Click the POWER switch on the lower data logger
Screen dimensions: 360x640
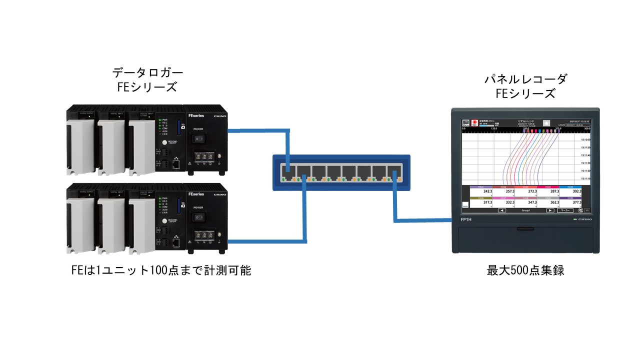tap(199, 217)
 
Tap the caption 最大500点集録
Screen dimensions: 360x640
tap(525, 270)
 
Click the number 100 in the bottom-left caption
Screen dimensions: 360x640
tap(157, 270)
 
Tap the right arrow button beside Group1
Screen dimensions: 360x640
tap(550, 211)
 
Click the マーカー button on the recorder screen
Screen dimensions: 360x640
tap(566, 211)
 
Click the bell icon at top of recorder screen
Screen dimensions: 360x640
tap(546, 122)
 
